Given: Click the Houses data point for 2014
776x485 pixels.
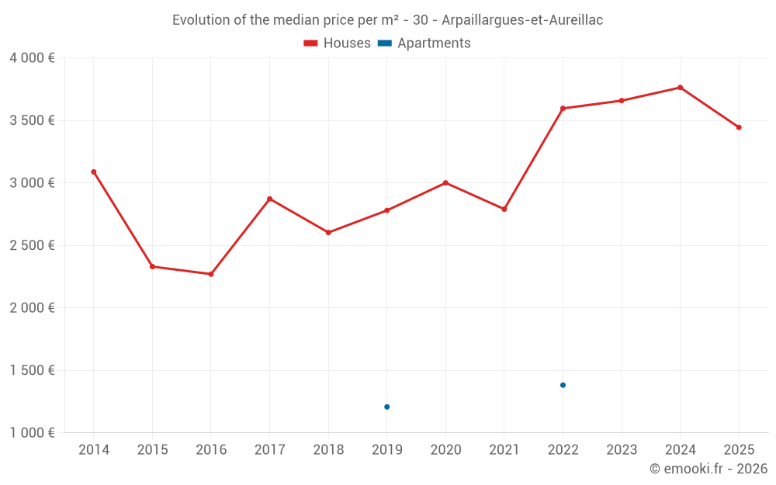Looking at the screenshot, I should (94, 171).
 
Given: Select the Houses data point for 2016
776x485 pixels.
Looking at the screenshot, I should (211, 274).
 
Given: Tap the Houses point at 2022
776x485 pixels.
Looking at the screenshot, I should (563, 109).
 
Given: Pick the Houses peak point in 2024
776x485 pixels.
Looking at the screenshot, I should (680, 88).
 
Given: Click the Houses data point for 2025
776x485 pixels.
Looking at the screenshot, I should (739, 127).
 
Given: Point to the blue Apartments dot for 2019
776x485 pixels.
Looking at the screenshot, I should (386, 407).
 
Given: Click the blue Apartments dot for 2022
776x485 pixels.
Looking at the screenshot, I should (563, 385).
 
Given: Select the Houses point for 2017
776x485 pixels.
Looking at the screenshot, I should (269, 199).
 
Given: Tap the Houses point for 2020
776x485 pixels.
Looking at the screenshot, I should (445, 182).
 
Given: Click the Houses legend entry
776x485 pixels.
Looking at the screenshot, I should (337, 43).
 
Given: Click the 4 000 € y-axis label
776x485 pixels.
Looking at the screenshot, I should (32, 58).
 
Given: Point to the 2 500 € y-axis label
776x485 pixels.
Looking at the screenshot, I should (32, 245).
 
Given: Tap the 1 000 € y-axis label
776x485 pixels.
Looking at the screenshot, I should (32, 432).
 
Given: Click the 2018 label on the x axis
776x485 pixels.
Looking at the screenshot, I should (328, 450).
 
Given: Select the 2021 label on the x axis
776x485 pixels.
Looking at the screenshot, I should (504, 450).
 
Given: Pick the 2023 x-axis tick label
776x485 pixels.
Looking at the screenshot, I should (622, 450).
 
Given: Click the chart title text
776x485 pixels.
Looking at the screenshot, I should (387, 20).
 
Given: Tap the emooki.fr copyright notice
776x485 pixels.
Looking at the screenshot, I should (708, 469).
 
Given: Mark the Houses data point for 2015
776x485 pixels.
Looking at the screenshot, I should (152, 266).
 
